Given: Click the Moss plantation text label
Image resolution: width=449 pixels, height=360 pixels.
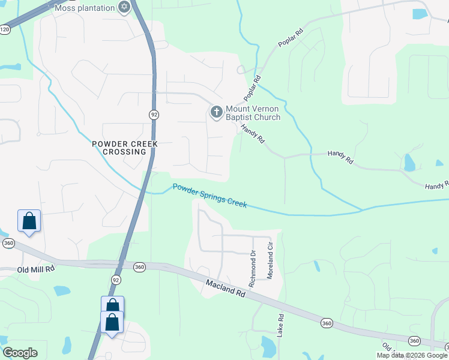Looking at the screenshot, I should click(x=84, y=8).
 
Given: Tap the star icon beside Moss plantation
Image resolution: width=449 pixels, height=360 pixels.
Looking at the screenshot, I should click(x=124, y=7).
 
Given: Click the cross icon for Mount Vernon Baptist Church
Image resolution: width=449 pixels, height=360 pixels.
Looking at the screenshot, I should click(x=216, y=112).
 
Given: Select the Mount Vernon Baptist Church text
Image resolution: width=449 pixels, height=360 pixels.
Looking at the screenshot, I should click(x=253, y=113).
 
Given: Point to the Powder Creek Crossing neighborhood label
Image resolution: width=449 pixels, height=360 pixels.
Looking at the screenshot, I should click(x=125, y=148).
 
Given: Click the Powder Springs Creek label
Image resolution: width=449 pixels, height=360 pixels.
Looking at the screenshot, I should click(x=209, y=196).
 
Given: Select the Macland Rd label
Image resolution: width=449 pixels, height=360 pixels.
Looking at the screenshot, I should click(x=226, y=289).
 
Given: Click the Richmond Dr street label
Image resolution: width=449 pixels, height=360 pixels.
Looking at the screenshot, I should click(x=252, y=268).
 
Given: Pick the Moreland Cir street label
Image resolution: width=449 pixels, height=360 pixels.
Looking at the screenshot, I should click(x=270, y=255).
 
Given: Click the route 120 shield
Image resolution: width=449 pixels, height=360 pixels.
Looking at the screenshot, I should click(x=5, y=29).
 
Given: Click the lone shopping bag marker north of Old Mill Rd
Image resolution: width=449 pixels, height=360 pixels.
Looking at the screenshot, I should click(x=29, y=221).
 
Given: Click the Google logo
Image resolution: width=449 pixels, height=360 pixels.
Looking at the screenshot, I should click(x=20, y=353).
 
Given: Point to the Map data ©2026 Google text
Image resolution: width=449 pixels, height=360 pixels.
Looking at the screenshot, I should click(x=412, y=355).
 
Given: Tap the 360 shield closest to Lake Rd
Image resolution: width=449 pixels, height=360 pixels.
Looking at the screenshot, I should click(x=326, y=323).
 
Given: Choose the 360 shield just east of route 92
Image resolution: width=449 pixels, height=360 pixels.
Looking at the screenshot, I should click(x=139, y=266).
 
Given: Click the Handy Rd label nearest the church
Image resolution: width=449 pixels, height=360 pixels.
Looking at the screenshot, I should click(x=253, y=132).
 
